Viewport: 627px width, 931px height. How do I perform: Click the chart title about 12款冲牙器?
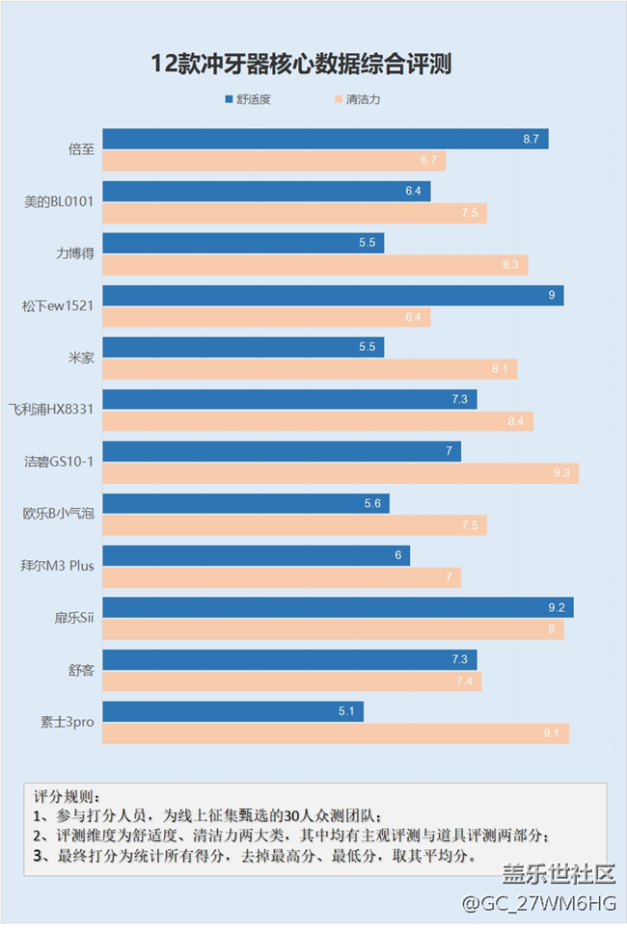point(301,65)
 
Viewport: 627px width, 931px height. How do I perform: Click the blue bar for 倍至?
point(325,139)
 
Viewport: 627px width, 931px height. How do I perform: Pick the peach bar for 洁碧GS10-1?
point(341,473)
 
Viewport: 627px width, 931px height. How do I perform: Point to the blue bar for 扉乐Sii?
point(338,607)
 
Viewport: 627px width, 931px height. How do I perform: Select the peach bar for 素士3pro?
point(336,733)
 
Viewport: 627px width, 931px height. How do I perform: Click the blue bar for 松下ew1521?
point(333,295)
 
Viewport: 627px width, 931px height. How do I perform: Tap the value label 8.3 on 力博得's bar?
point(510,265)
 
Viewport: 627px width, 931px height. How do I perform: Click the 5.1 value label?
point(346,712)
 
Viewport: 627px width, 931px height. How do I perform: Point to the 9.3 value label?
point(561,473)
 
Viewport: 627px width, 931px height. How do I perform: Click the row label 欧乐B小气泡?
point(58,514)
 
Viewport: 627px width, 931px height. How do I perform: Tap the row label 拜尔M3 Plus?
point(58,566)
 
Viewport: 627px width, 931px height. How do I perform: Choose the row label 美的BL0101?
point(59,202)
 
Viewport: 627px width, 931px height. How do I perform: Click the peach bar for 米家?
point(310,369)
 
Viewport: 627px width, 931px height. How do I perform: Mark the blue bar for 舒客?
point(289,659)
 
